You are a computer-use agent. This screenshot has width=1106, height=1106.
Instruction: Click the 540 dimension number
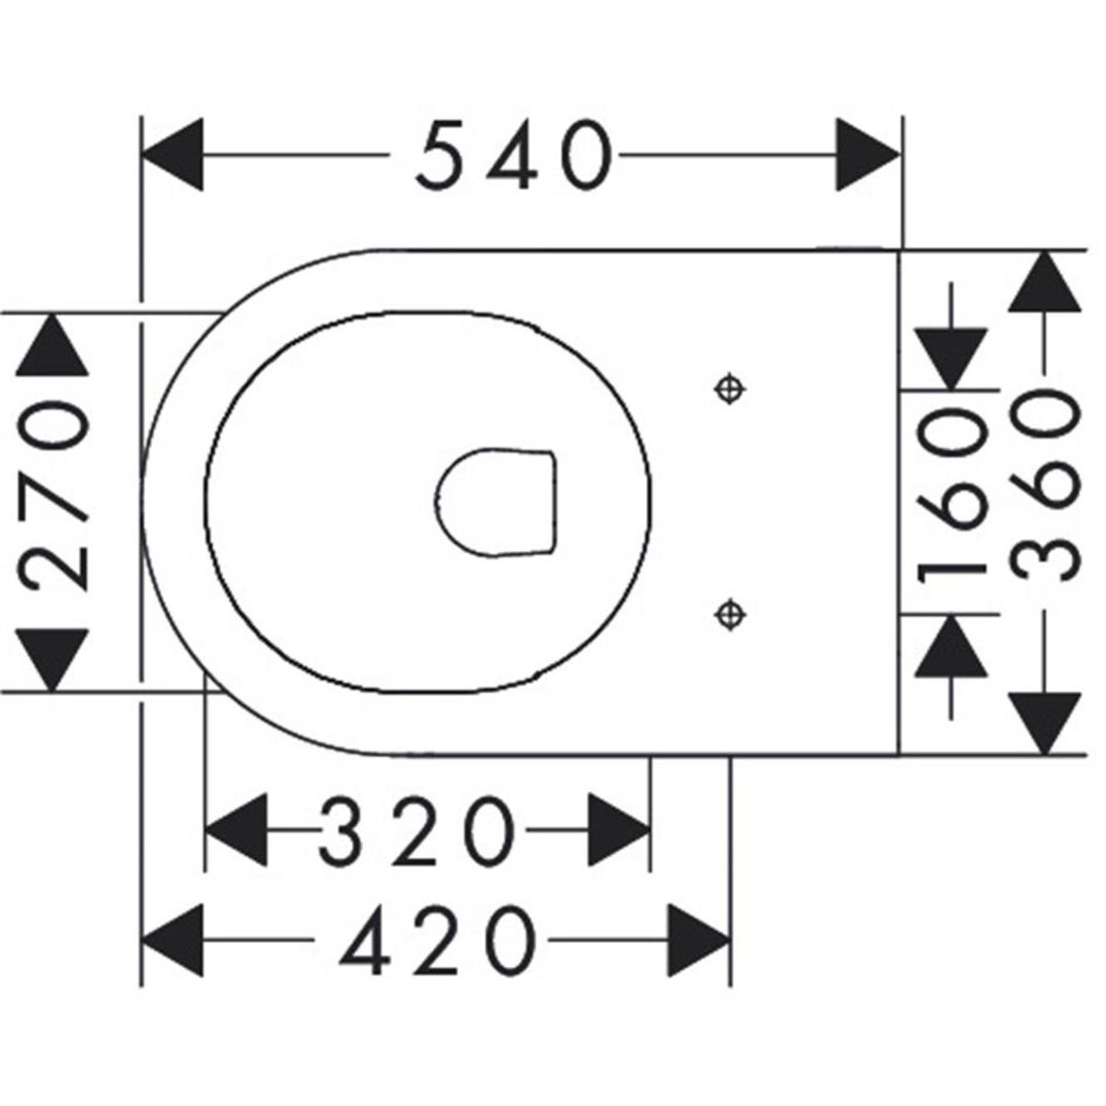513,157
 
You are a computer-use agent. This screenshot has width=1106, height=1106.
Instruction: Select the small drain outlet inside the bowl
498,501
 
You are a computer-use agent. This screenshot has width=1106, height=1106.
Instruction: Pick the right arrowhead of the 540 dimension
866,155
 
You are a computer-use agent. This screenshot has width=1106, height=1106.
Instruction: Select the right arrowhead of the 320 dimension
619,829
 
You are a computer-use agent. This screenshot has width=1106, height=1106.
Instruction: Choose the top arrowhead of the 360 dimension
1044,281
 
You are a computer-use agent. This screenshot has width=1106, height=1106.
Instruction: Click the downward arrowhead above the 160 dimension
951,357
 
